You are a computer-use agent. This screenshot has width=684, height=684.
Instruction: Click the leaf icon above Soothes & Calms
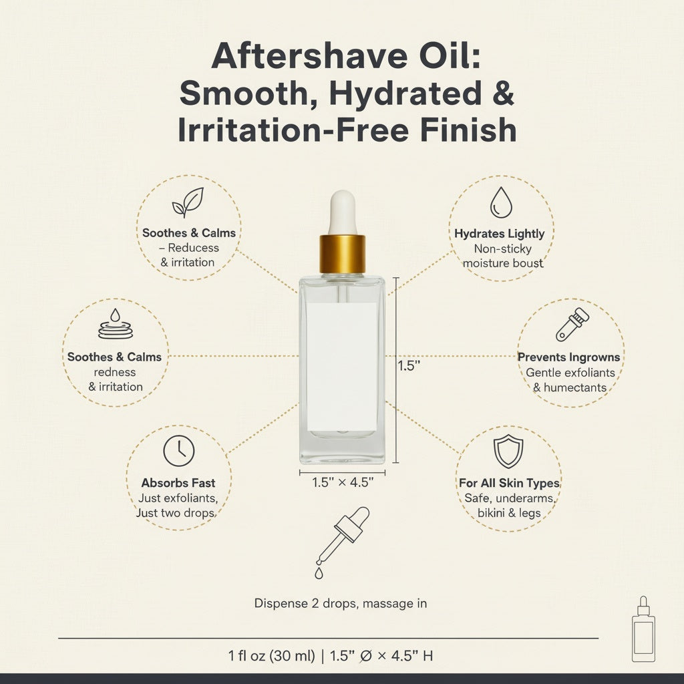(188, 202)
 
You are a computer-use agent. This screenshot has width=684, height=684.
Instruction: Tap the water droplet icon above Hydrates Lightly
(501, 202)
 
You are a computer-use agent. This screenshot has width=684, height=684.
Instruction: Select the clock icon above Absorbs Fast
(179, 451)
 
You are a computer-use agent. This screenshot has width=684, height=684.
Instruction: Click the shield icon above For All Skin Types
(508, 451)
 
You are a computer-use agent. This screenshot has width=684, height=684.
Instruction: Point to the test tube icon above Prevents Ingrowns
(572, 324)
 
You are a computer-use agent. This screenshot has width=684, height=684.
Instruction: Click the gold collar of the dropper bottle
(343, 254)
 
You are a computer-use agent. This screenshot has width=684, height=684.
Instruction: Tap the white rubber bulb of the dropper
(343, 213)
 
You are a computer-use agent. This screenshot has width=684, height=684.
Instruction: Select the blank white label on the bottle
(342, 367)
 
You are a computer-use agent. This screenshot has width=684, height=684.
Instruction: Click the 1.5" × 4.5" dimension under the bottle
(343, 482)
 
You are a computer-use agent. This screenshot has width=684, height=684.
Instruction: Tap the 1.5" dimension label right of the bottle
(409, 365)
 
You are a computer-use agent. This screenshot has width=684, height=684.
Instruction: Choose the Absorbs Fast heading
(178, 483)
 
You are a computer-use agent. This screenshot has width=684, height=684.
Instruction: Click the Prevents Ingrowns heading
(568, 357)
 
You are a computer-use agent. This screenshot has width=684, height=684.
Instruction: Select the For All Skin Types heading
(509, 483)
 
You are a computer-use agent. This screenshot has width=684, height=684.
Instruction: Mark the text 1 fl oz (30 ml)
(271, 656)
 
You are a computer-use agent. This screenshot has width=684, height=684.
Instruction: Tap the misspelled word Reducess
(193, 248)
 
